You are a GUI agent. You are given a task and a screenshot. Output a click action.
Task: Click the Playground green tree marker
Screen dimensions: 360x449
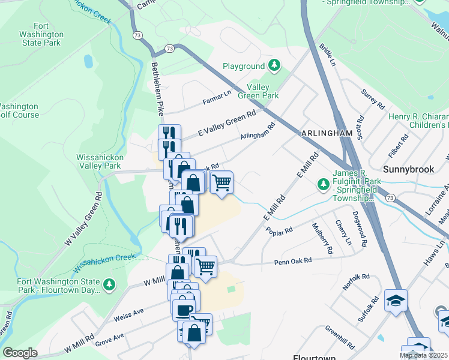tap(274, 65)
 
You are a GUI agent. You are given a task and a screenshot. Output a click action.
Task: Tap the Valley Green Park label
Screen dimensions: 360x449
tap(262, 91)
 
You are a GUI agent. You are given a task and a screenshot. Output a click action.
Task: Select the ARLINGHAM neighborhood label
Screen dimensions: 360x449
tap(322, 132)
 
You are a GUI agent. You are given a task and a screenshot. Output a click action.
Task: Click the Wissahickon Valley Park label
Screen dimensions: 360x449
tap(100, 161)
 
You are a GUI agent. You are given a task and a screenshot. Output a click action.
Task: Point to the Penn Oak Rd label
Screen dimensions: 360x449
tap(293, 261)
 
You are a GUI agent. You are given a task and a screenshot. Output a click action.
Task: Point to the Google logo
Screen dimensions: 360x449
tap(20, 353)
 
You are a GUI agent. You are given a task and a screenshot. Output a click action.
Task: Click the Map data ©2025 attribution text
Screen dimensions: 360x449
tap(423, 355)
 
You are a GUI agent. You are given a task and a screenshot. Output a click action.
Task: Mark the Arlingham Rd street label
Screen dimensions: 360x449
tap(257, 132)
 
